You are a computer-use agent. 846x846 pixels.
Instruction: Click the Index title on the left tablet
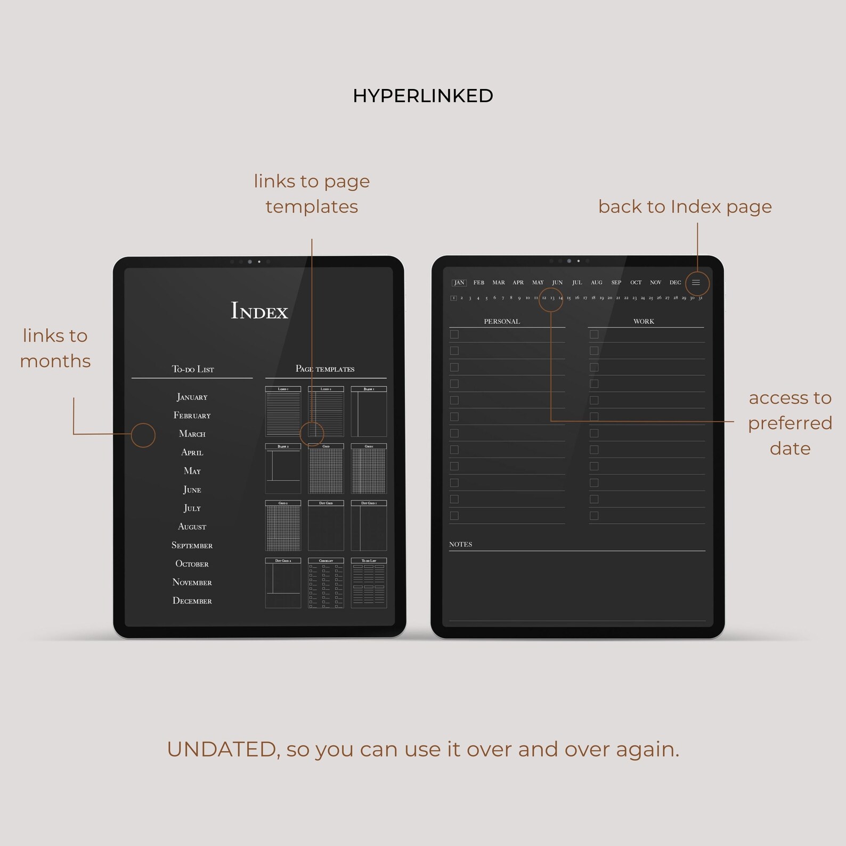pyautogui.click(x=259, y=311)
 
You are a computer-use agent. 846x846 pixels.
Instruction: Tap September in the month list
pyautogui.click(x=192, y=546)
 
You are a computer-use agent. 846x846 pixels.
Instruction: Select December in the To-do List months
pyautogui.click(x=192, y=601)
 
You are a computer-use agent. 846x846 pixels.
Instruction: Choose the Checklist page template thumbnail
pyautogui.click(x=326, y=583)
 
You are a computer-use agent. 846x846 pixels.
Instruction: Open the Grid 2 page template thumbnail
pyautogui.click(x=283, y=526)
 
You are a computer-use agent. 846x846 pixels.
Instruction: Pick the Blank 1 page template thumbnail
pyautogui.click(x=369, y=412)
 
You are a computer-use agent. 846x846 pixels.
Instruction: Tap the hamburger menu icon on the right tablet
pyautogui.click(x=696, y=283)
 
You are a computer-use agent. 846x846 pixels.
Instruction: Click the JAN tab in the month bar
pyautogui.click(x=459, y=283)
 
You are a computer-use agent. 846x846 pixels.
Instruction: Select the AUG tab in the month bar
pyautogui.click(x=597, y=283)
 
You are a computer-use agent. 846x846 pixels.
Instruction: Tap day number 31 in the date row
pyautogui.click(x=700, y=298)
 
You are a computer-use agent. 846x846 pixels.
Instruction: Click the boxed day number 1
pyautogui.click(x=453, y=298)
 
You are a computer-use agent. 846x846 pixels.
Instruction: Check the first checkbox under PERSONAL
pyautogui.click(x=454, y=335)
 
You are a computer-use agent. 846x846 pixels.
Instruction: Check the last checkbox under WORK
pyautogui.click(x=594, y=516)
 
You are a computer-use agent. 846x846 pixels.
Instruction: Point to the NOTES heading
pyautogui.click(x=460, y=544)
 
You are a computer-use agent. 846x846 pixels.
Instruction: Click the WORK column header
pyautogui.click(x=644, y=321)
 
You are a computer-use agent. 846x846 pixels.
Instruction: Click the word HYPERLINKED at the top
pyautogui.click(x=423, y=96)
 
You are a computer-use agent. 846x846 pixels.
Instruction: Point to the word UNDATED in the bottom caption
pyautogui.click(x=221, y=750)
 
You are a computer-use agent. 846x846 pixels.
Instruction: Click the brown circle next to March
pyautogui.click(x=143, y=435)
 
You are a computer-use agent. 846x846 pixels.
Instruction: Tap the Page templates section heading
pyautogui.click(x=325, y=369)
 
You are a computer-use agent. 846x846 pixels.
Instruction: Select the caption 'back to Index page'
pyautogui.click(x=685, y=207)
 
